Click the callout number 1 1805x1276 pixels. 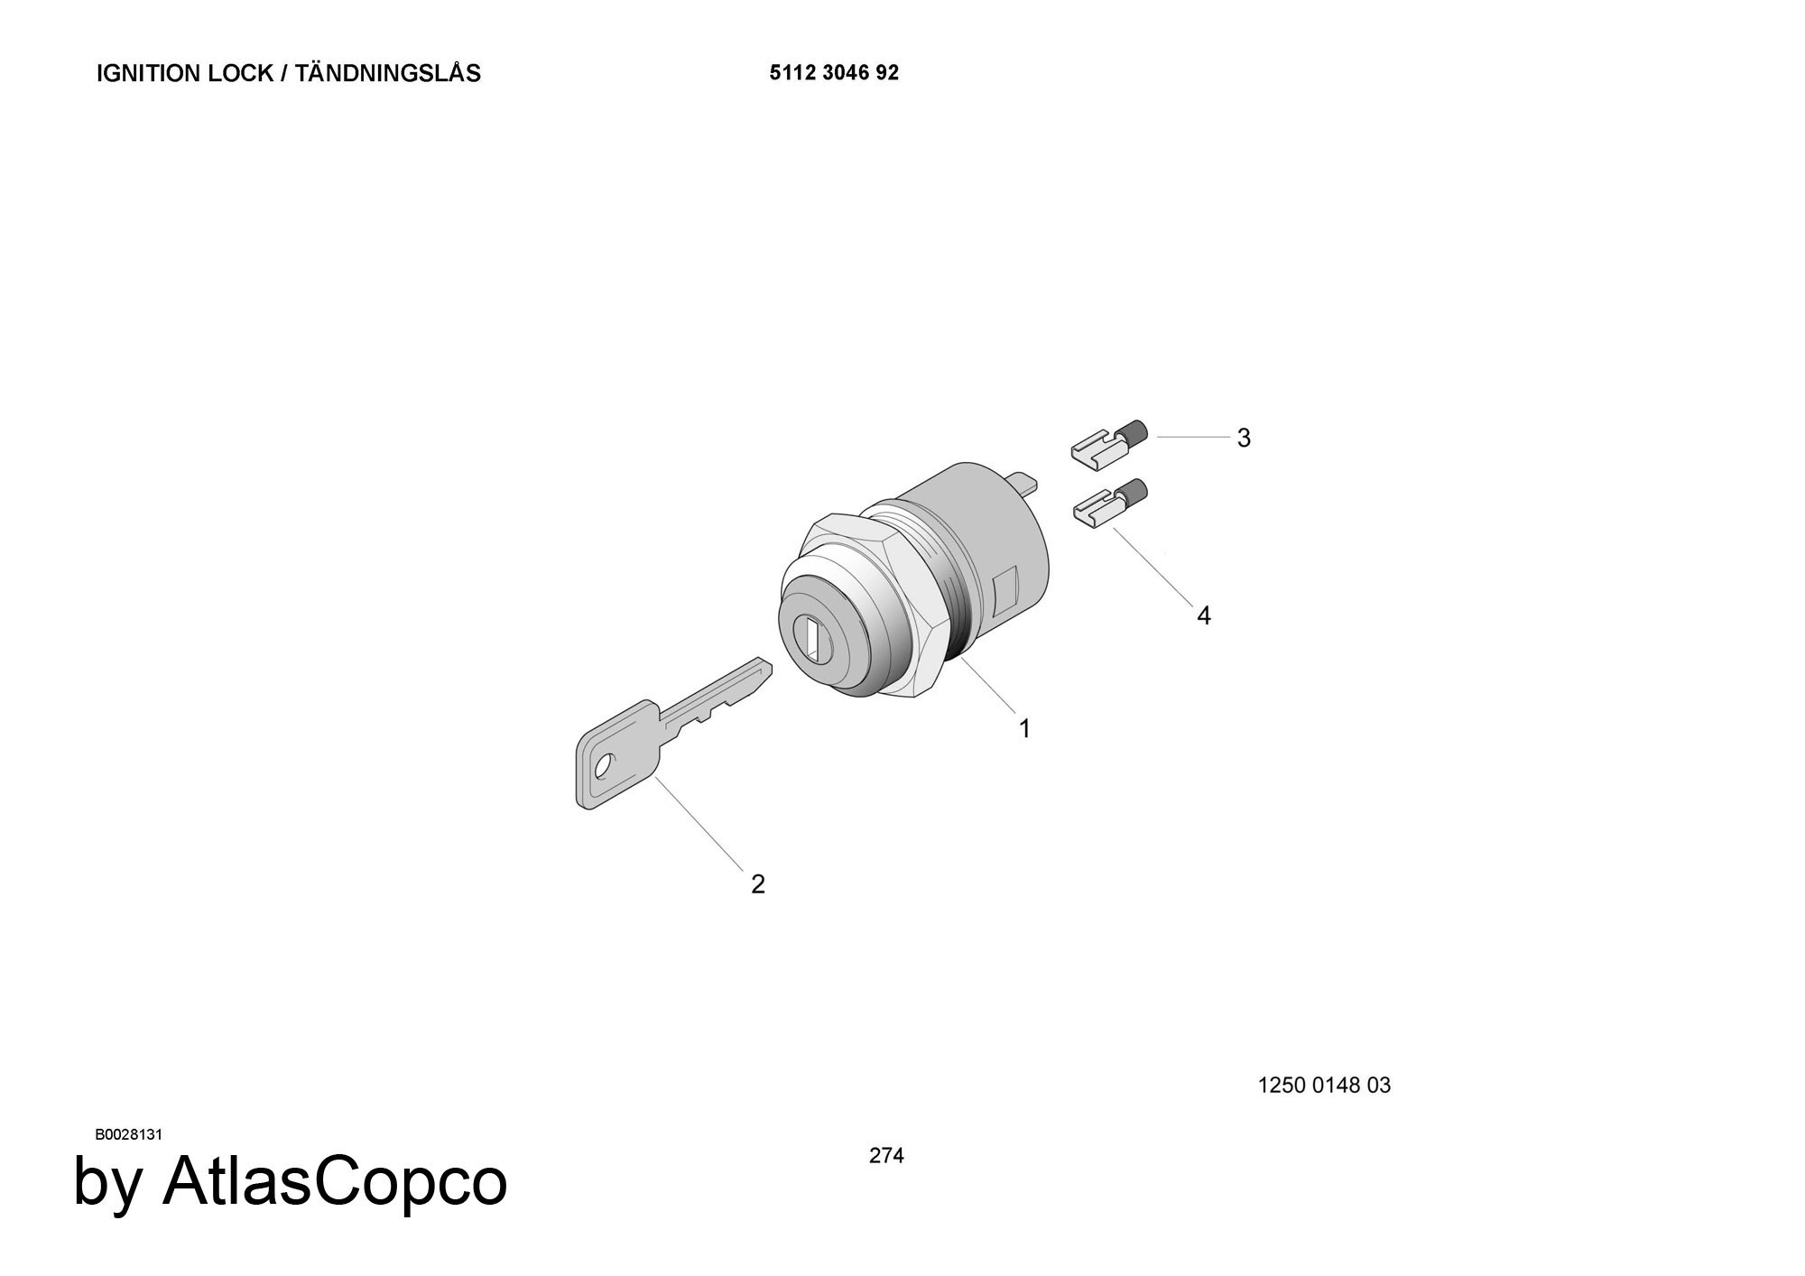[x=1024, y=728]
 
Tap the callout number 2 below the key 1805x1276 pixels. [x=758, y=884]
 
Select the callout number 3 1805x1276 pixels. [x=1244, y=438]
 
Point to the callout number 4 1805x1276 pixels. [x=1204, y=615]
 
